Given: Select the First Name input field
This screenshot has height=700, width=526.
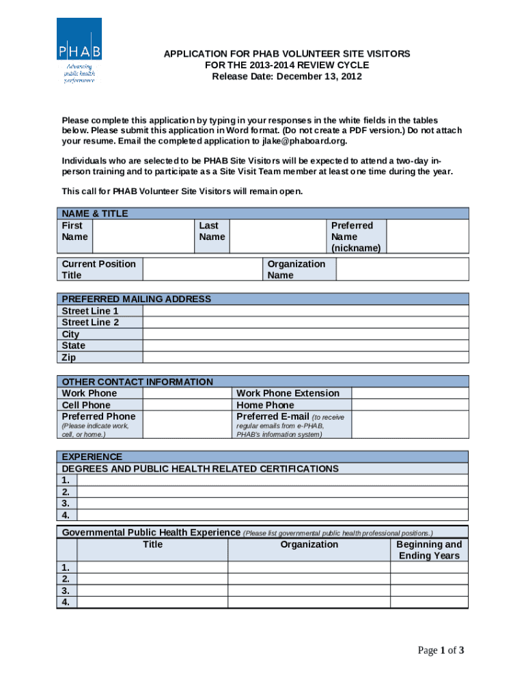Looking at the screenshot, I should [x=142, y=237].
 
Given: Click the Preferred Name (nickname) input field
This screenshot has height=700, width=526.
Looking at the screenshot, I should [x=428, y=237].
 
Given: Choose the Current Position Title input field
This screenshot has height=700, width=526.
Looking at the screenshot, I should [x=202, y=269].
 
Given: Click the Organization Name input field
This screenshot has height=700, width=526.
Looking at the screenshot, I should [x=402, y=269].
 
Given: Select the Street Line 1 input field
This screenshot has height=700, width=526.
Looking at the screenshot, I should [x=305, y=311].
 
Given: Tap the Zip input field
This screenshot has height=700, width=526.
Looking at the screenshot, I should [x=305, y=358].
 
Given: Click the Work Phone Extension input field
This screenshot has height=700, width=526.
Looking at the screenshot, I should [x=410, y=393].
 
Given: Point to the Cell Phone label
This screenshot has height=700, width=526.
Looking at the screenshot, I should [x=86, y=405].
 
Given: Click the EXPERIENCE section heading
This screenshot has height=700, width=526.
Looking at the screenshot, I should [x=92, y=457].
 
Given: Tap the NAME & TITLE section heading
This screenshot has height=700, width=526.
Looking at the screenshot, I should [x=95, y=213].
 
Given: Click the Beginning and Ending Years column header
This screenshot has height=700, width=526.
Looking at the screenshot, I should [x=429, y=550].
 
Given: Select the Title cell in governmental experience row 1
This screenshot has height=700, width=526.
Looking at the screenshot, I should [x=152, y=567].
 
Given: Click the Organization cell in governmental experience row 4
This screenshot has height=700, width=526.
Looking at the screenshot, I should [x=309, y=602].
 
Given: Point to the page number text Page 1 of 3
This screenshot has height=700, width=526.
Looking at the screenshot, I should [x=441, y=650].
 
